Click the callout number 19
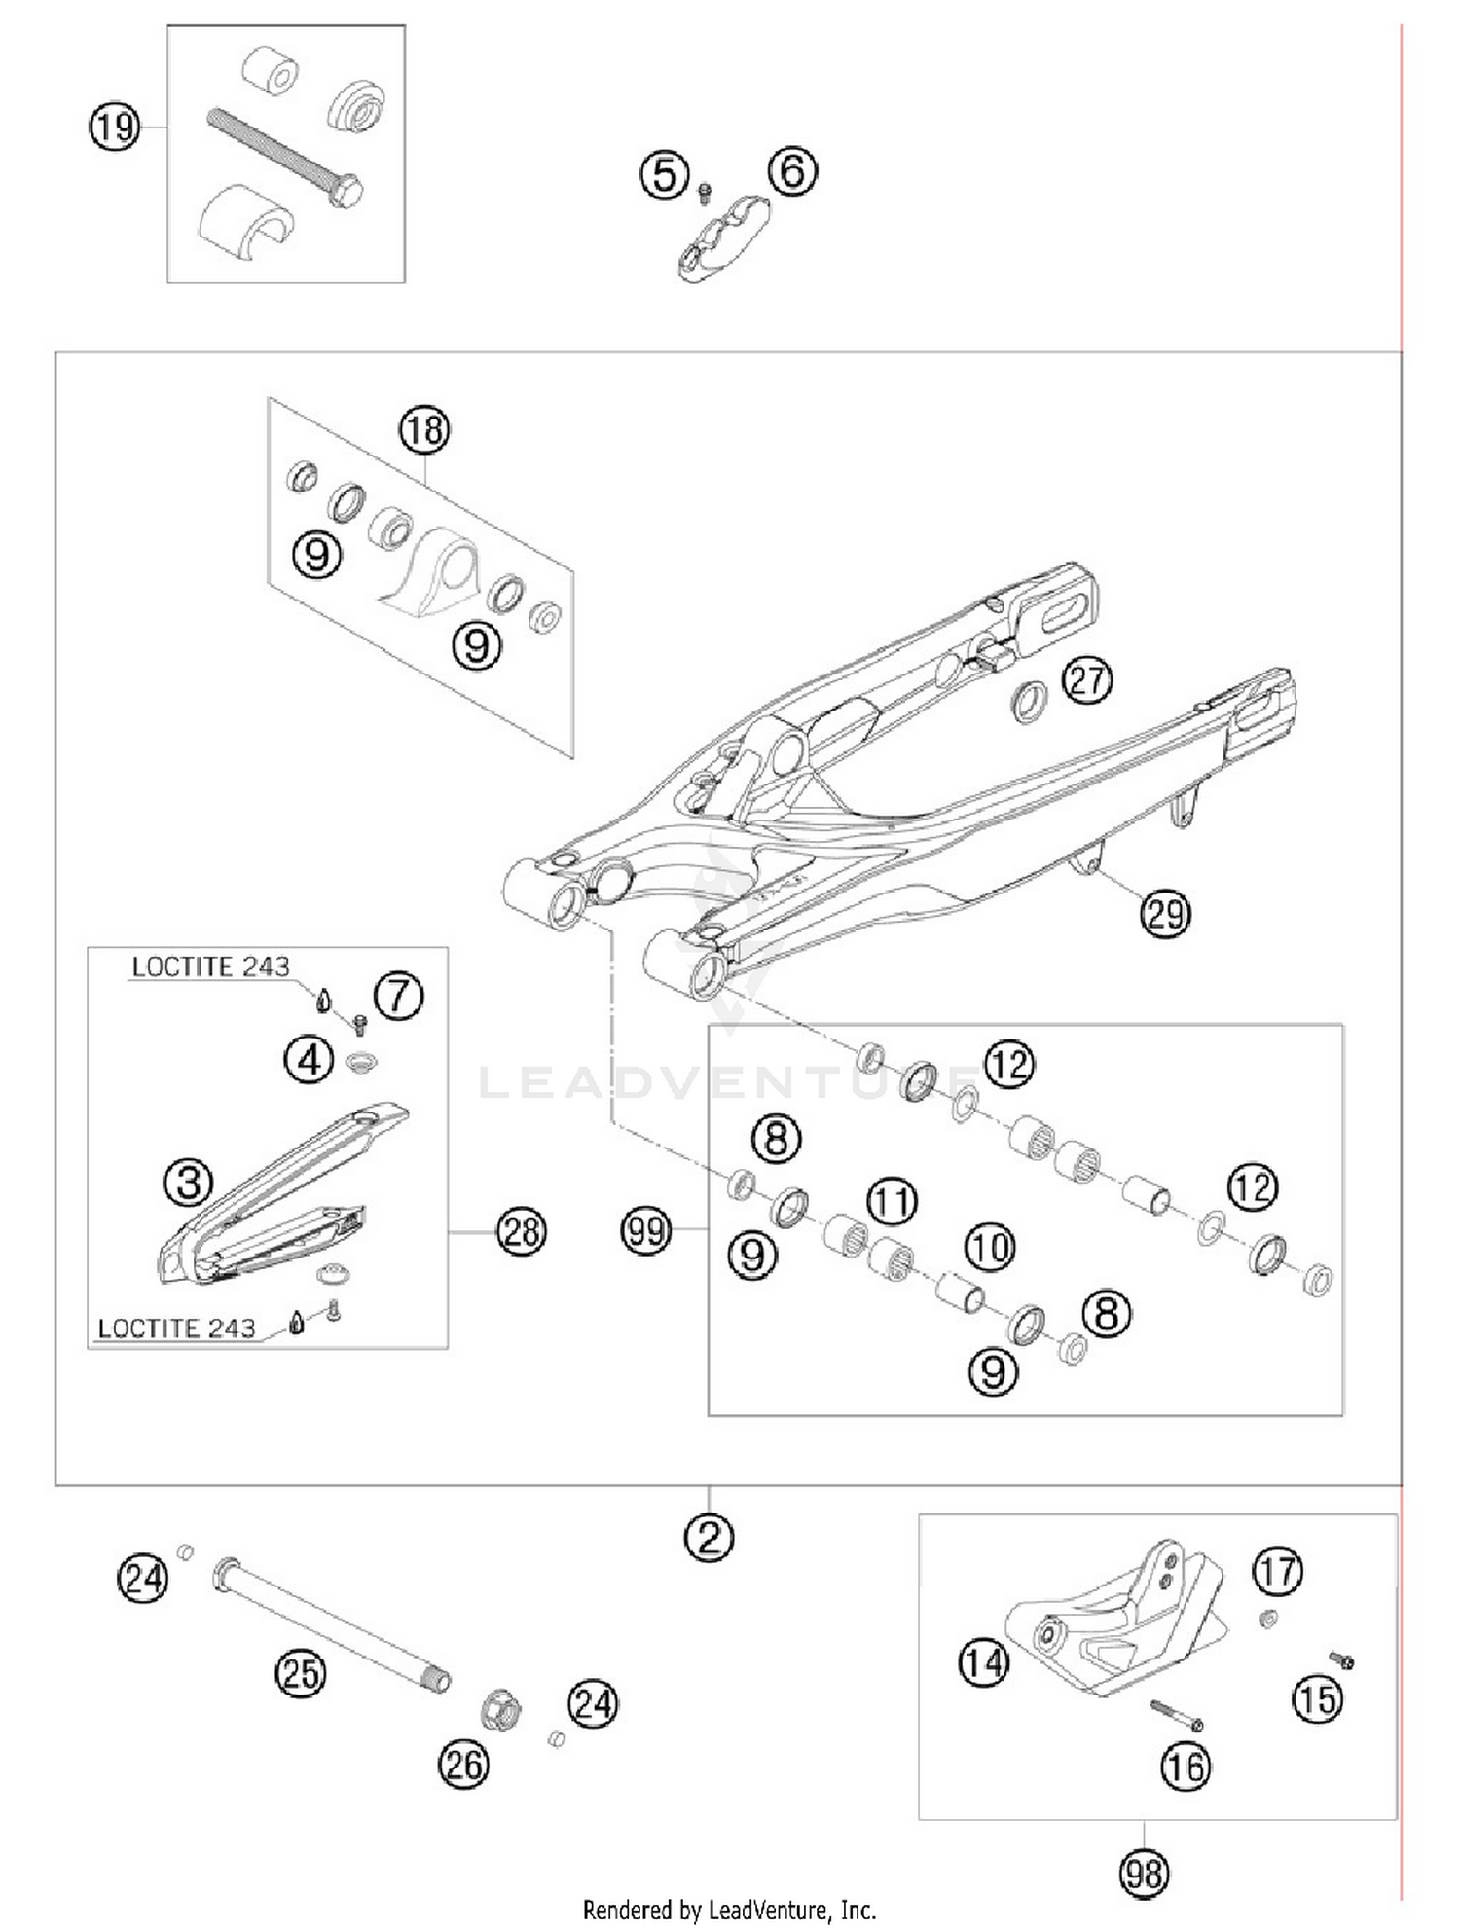[x=115, y=127]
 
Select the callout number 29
[x=1165, y=914]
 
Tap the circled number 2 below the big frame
[x=709, y=1537]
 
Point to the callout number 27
[x=1086, y=679]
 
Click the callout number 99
[x=646, y=1231]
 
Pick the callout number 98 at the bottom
[x=1144, y=1873]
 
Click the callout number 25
[x=300, y=1673]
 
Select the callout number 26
[x=463, y=1764]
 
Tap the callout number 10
[x=990, y=1247]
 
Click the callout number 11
[x=893, y=1201]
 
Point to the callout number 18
[x=424, y=429]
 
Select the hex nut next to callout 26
[x=500, y=1710]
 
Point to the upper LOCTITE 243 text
[x=210, y=966]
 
